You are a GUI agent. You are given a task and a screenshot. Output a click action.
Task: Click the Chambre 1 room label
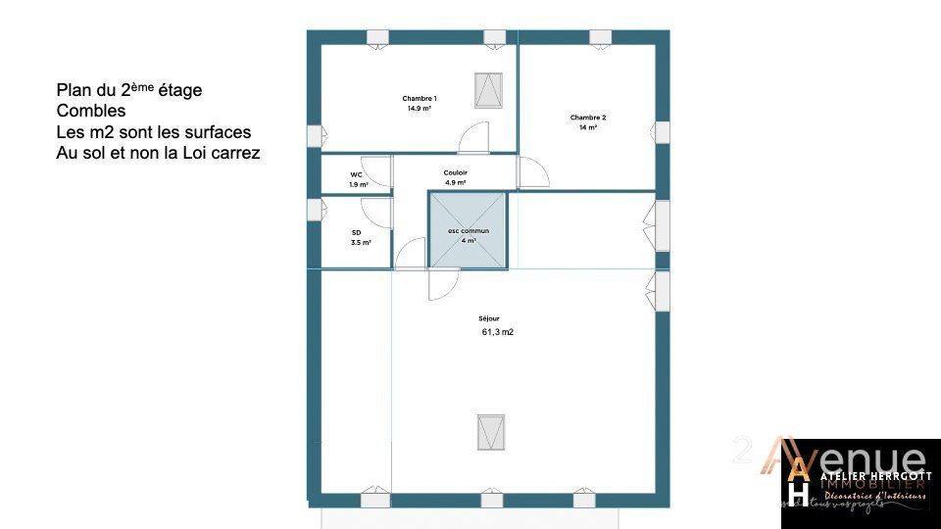(420, 99)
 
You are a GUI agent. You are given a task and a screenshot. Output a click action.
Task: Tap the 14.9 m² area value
(420, 109)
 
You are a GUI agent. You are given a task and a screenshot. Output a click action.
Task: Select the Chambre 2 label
(588, 118)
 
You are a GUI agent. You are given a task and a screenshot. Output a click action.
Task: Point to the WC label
(357, 175)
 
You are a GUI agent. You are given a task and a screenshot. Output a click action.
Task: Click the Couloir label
(456, 172)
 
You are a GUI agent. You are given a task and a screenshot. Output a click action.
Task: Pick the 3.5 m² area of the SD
(361, 242)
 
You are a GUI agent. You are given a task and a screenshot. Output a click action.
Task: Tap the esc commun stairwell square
(469, 231)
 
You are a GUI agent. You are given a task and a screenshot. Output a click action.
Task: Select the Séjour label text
(489, 318)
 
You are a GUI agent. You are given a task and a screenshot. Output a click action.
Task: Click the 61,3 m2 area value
(498, 332)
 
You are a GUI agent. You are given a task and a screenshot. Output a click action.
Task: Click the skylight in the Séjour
(491, 431)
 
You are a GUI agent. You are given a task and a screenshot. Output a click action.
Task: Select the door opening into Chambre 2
(533, 172)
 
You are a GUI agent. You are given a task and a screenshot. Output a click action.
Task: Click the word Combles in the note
(91, 112)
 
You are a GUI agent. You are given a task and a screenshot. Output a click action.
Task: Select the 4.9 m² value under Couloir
(456, 183)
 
